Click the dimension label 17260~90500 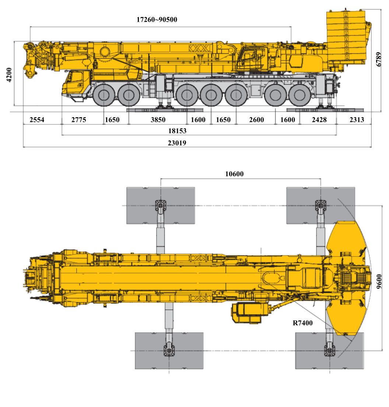pos(157,20)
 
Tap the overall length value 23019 pos(177,143)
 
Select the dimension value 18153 pos(177,131)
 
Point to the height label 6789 pos(379,60)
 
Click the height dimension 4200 pos(9,75)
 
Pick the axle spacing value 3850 pos(158,120)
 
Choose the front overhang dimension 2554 pos(37,120)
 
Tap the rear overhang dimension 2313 pos(357,120)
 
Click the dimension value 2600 pos(256,120)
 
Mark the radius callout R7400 pos(303,323)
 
